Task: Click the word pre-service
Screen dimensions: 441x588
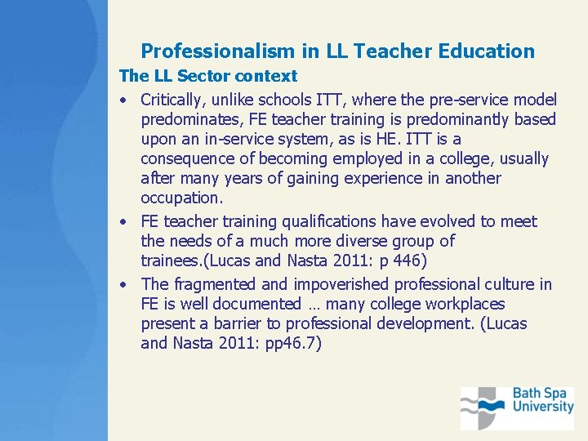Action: point(457,100)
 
